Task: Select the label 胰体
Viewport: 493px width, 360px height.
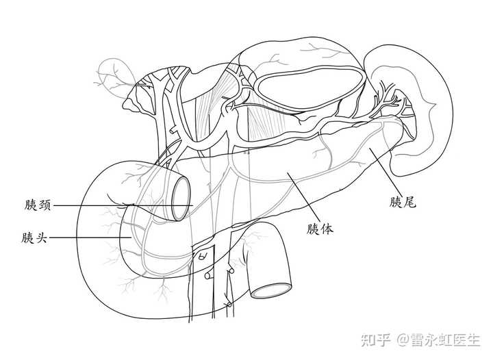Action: click(x=320, y=229)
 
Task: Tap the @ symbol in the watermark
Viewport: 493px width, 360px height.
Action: click(x=400, y=340)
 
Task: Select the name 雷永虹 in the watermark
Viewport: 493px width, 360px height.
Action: click(x=427, y=339)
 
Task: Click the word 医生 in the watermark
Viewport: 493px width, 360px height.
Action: click(x=465, y=339)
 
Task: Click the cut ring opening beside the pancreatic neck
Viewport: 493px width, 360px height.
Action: click(x=179, y=198)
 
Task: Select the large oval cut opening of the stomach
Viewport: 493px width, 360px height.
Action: click(x=309, y=92)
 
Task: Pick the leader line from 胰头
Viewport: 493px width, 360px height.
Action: click(x=89, y=238)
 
